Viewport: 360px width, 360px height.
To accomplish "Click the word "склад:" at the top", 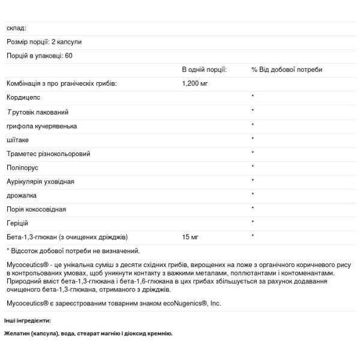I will [x=16, y=28].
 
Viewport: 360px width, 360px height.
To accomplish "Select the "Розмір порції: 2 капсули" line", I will [x=44, y=42].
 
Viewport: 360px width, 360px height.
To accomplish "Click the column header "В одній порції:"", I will [x=204, y=70].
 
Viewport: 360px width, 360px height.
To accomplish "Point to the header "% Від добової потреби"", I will [x=287, y=70].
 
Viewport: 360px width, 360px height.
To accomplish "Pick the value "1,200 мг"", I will [x=194, y=83].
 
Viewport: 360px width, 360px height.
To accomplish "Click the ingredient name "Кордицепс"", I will [x=23, y=97].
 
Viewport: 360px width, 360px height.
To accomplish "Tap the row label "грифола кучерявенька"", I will [x=41, y=125].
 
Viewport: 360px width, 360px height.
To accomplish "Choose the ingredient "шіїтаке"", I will [x=18, y=139].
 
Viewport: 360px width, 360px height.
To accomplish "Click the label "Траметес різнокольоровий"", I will [x=48, y=154].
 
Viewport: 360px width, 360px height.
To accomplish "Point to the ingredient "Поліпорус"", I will [x=22, y=167].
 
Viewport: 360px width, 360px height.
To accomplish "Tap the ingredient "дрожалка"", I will [x=22, y=195].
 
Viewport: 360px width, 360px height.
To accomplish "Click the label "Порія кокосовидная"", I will [x=36, y=209].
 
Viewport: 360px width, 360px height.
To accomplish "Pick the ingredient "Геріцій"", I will [x=17, y=223].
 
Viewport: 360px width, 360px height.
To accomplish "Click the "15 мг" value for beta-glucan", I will [x=190, y=237].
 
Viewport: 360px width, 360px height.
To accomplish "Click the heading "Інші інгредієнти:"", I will [x=27, y=320].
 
